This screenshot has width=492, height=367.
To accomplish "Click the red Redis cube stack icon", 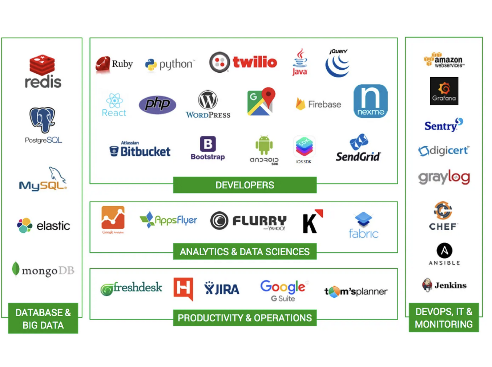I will (42, 65).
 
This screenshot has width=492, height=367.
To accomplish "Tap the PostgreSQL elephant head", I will (43, 119).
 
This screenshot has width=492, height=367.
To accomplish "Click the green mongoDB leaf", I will (15, 269).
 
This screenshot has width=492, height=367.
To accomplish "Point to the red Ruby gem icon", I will (103, 65).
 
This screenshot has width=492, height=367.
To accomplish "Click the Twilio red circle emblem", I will (219, 62).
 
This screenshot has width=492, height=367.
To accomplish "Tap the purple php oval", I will (157, 105).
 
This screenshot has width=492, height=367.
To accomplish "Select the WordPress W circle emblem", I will (208, 100).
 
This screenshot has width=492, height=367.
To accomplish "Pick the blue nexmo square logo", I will (370, 101).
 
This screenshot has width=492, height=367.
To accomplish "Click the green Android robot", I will (264, 145).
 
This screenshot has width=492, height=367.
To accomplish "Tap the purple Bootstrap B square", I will (208, 144).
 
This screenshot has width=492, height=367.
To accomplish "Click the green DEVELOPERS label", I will (245, 185).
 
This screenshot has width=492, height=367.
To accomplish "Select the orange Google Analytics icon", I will (113, 218).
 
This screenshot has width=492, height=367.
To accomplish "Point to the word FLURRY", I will (259, 220).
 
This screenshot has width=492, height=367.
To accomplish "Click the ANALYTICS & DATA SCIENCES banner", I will (245, 252).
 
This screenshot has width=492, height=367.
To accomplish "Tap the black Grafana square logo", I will (444, 91).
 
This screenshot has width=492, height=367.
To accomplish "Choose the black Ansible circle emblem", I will (444, 250).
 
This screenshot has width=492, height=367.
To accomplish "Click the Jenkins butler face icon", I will (427, 285).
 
